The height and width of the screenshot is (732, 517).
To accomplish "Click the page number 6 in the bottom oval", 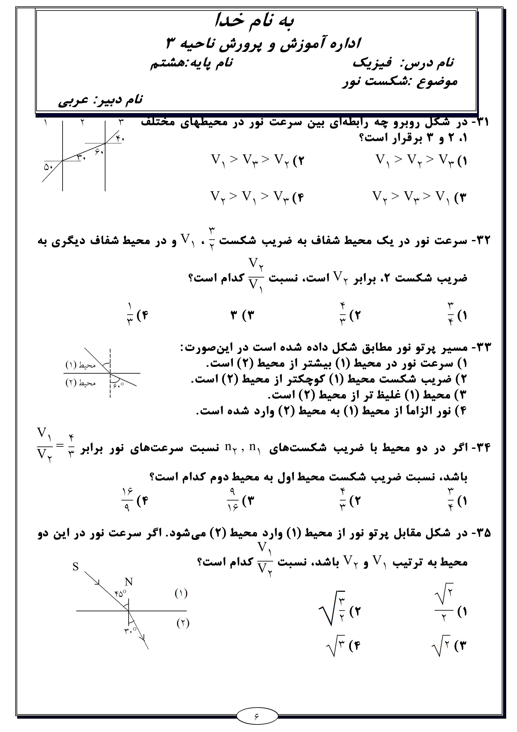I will (x=257, y=716).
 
